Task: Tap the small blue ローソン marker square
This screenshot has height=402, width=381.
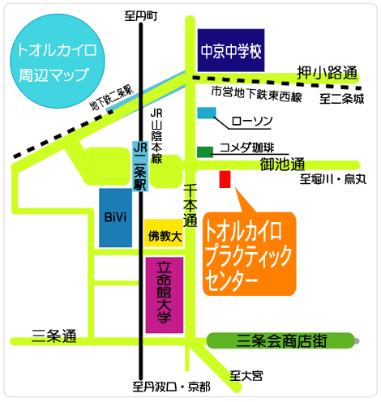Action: click(207, 113)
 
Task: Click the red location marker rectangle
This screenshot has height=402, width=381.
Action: click(225, 179)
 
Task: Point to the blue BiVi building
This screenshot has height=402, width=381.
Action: click(115, 218)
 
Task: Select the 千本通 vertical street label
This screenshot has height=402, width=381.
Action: click(190, 203)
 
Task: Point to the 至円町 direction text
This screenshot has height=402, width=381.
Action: click(142, 15)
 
